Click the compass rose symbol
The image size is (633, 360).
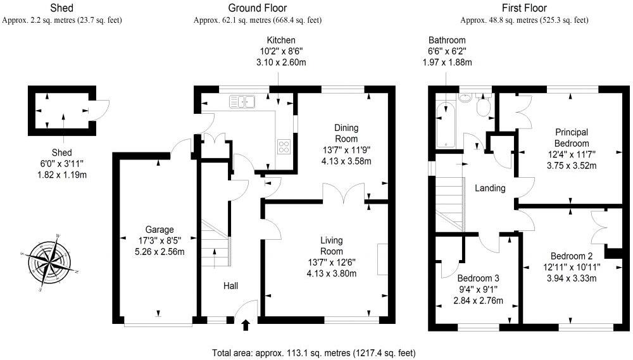tap(49, 263)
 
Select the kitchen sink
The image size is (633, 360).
tap(242, 102)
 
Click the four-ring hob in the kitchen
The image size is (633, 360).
tap(284, 146)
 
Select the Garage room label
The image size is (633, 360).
tap(160, 230)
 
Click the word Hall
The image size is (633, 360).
tap(230, 286)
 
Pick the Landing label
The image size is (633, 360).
tap(490, 188)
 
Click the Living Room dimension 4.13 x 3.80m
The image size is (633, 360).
tap(332, 273)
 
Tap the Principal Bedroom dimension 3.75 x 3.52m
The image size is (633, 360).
tap(572, 166)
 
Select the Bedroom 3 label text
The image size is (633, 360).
tap(478, 278)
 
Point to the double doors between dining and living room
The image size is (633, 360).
tap(344, 193)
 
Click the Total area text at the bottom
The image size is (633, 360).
tap(314, 353)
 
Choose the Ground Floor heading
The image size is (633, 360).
tap(258, 8)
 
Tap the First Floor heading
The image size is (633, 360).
tap(524, 8)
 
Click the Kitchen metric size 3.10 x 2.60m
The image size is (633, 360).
tap(281, 62)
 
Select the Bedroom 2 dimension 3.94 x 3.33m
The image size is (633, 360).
tap(572, 278)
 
